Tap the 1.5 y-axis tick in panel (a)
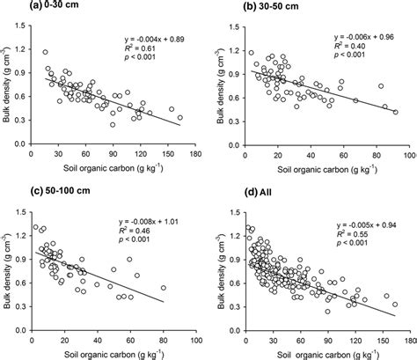pos(16,27)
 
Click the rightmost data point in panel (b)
pos(395,112)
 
